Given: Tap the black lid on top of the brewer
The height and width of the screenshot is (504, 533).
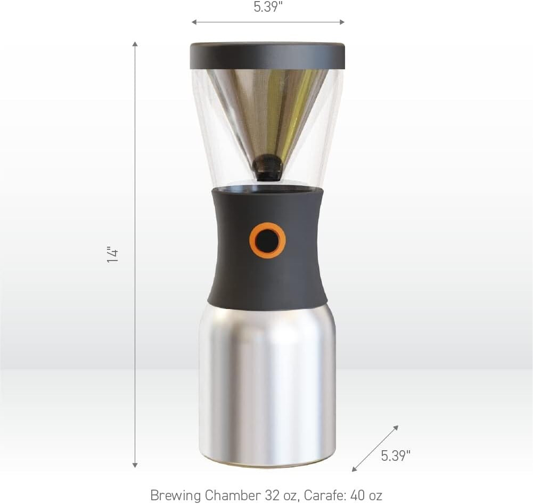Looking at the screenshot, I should click(267, 55).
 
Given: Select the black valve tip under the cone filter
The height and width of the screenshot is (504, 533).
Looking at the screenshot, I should click(267, 167).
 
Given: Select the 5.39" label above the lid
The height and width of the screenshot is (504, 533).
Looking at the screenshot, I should click(268, 7).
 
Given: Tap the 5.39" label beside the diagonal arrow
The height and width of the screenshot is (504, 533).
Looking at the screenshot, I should click(396, 456).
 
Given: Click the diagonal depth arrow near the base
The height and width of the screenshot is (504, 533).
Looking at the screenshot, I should click(375, 448).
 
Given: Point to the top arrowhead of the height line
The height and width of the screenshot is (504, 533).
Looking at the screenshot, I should click(135, 44).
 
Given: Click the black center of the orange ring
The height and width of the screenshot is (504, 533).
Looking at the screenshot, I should click(267, 241).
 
